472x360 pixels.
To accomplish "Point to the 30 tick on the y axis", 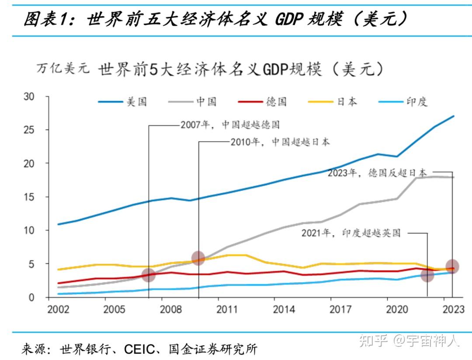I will (x=28, y=97).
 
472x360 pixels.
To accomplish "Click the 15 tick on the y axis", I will (x=28, y=197).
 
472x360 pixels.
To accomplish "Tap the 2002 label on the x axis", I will (x=58, y=310).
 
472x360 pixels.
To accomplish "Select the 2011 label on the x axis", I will (x=228, y=310).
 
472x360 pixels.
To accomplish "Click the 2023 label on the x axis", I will (x=453, y=310).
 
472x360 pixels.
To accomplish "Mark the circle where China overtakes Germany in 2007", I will (x=149, y=275).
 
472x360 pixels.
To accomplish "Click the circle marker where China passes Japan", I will (x=198, y=258).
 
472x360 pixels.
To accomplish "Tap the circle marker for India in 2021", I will (x=427, y=275).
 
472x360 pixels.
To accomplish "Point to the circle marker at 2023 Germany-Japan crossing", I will (x=452, y=266).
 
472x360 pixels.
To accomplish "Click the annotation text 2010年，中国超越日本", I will (x=280, y=142).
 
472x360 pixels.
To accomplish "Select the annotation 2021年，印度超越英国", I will (x=351, y=233).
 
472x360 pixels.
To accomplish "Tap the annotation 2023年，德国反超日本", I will (x=377, y=173).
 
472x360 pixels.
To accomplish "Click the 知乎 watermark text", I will (x=373, y=340).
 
